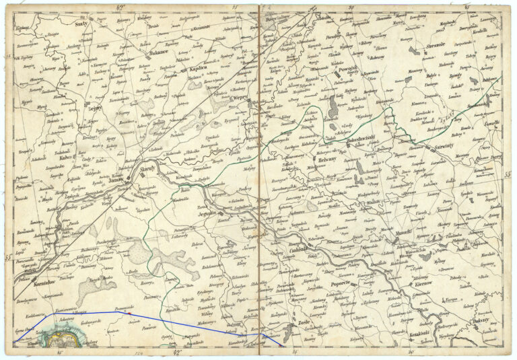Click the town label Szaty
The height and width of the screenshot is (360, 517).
83,23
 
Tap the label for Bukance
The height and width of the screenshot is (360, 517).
159,51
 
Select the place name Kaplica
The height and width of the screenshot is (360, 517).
198,69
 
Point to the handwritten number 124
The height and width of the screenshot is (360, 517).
139,352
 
